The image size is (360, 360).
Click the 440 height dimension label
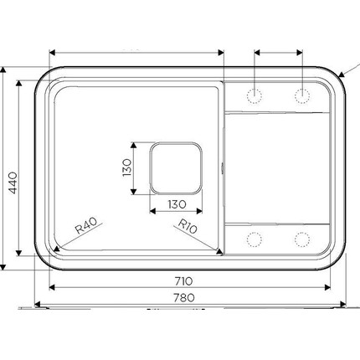click(x=13, y=183)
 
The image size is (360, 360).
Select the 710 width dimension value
click(x=184, y=281)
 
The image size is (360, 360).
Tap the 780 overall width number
click(x=184, y=297)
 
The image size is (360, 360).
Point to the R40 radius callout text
click(x=86, y=225)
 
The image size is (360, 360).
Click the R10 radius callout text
click(x=188, y=226)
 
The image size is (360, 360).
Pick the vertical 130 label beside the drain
click(x=126, y=167)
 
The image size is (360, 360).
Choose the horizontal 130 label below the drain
click(x=177, y=204)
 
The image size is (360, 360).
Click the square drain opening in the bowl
click(x=176, y=168)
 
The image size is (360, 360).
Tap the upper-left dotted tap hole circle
click(x=255, y=96)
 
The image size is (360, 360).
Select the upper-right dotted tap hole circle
click(x=302, y=96)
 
